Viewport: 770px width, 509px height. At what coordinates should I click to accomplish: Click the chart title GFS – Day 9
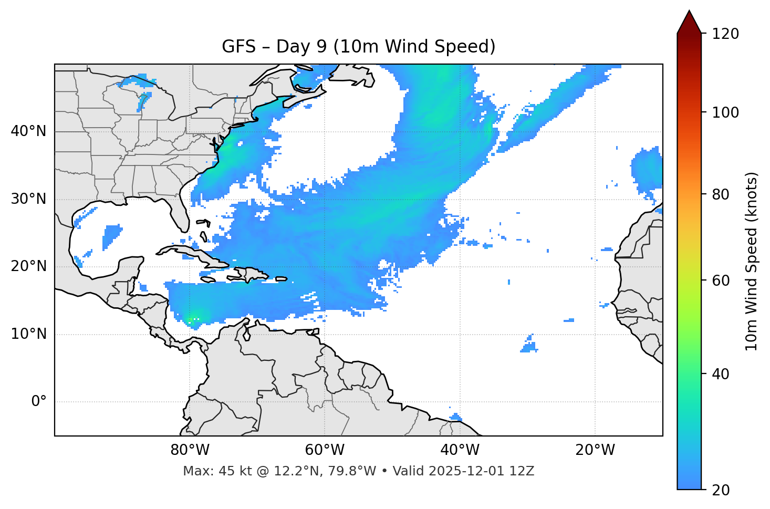pos(358,47)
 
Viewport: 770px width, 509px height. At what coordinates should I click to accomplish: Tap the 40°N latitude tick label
pos(28,131)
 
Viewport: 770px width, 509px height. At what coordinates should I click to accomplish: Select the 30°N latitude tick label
pos(28,199)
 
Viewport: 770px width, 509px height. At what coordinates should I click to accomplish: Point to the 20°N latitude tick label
pos(28,266)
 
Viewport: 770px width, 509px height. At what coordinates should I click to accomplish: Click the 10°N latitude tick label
pos(28,334)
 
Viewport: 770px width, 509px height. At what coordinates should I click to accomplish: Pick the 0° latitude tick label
pos(38,402)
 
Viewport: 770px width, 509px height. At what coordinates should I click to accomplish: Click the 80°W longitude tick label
pos(190,450)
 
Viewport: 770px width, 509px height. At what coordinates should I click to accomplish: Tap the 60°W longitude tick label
pos(325,450)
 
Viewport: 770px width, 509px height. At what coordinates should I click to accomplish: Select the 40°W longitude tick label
pos(460,450)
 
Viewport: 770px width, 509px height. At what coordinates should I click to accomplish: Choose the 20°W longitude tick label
pos(595,450)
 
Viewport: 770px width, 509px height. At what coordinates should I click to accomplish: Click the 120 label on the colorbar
pos(725,34)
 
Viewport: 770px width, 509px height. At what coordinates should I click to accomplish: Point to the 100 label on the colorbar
pos(725,112)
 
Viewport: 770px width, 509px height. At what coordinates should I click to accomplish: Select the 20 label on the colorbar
pos(722,490)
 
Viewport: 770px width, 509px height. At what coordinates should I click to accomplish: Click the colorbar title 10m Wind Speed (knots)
pos(752,261)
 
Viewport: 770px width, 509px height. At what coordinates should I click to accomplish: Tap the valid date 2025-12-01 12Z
pos(481,471)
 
